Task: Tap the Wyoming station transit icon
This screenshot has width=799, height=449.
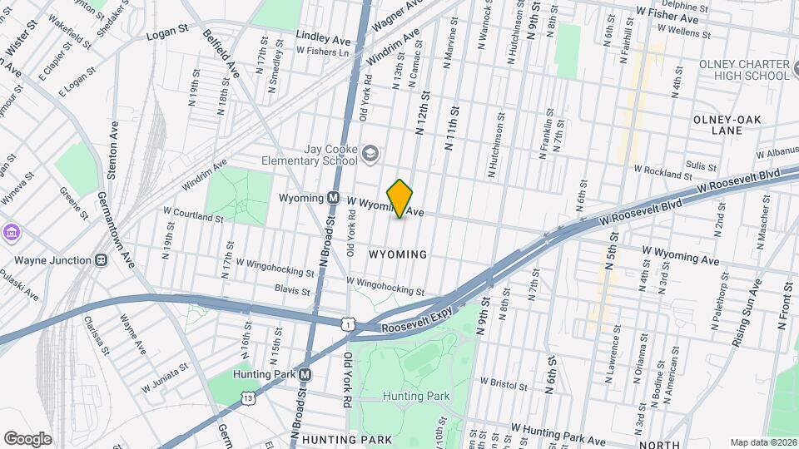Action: [332, 198]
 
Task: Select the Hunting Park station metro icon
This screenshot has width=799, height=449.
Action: [305, 374]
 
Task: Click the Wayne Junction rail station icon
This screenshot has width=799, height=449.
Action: [101, 260]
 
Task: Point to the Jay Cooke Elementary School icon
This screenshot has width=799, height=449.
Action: [370, 153]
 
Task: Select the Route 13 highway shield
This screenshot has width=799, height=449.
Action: [249, 399]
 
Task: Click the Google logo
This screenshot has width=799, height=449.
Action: [27, 439]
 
